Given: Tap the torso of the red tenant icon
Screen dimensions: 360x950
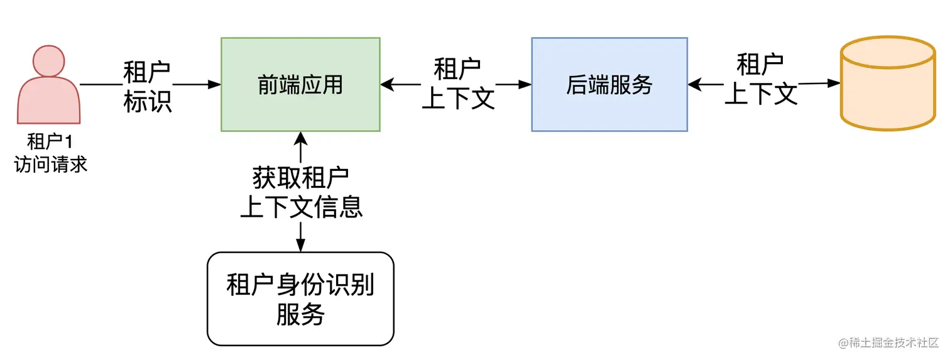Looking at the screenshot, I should pos(48,104).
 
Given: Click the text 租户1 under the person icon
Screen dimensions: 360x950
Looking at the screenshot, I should pos(50,141).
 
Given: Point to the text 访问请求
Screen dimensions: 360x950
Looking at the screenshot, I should pos(50,165).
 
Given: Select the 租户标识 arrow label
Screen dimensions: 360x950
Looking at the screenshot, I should pos(147,87).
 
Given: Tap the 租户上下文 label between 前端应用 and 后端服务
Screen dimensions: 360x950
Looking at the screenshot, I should pos(458,84).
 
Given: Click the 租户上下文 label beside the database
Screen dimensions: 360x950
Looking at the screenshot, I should pos(761,79).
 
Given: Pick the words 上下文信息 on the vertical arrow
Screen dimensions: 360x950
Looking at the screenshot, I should pos(301,207).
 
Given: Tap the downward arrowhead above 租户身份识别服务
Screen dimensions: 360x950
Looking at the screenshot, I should pos(301,246).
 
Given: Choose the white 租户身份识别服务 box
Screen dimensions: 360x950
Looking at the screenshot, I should pos(300,298).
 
